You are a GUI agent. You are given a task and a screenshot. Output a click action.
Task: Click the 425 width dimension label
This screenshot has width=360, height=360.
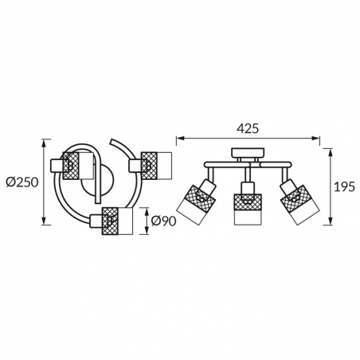pos(248,128)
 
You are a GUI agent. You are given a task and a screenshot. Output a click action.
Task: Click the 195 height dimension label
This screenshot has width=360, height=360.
pos(344,187)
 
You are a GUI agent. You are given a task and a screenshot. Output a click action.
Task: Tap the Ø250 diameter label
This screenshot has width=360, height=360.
pos(22,182)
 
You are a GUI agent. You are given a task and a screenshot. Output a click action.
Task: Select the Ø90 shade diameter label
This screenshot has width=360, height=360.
pos(163,221)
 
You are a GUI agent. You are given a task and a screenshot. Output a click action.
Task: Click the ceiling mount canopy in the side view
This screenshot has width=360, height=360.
pos(248,153)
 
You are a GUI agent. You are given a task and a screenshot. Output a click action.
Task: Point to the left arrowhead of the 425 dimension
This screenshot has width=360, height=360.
pos(180,138)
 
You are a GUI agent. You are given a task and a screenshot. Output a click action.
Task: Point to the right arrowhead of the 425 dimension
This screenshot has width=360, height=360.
pos(316,138)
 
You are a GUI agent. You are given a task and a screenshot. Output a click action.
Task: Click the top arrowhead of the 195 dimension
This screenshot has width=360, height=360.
pos(331,152)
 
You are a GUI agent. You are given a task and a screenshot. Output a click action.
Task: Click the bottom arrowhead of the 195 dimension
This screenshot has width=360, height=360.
pos(331,221)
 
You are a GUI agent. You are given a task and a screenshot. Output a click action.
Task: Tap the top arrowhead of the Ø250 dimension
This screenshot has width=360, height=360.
pos(45,143)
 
